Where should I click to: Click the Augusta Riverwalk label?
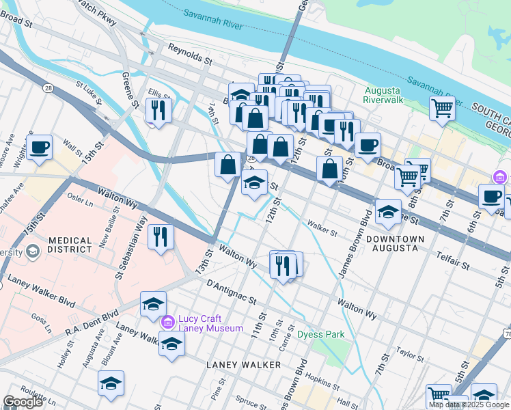[384, 95]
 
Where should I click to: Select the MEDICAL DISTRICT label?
[70, 245]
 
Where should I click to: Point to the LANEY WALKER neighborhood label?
[244, 365]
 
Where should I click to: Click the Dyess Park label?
[320, 334]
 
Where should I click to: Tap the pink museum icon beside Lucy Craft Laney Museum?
[167, 321]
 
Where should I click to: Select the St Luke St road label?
[88, 96]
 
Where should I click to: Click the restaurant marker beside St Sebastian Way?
[161, 237]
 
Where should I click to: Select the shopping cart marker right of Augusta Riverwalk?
[442, 107]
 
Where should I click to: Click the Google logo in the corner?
[23, 402]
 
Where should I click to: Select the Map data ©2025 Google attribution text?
[469, 405]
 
